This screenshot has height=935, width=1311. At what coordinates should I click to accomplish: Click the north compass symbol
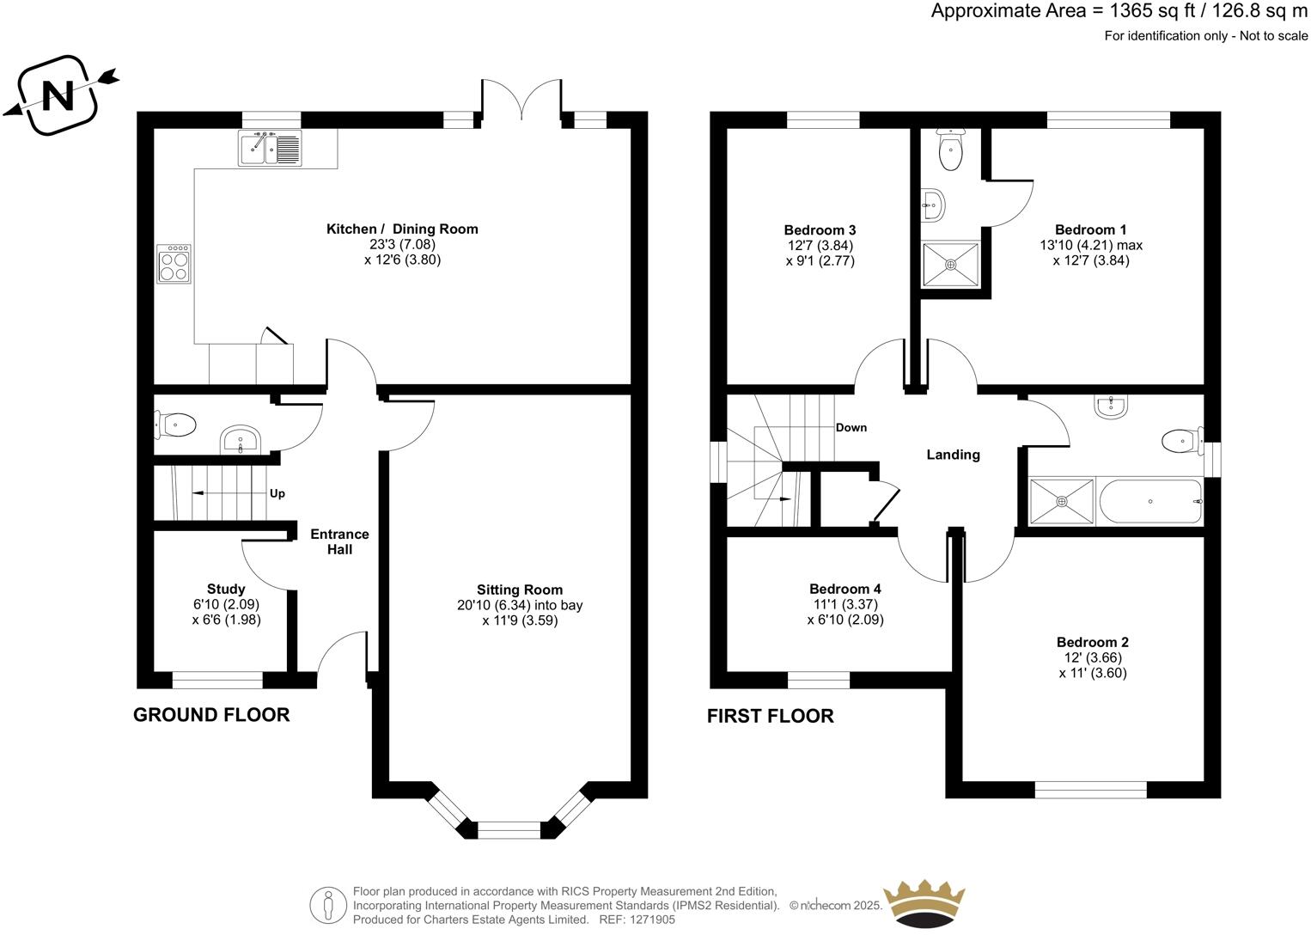pyautogui.click(x=58, y=95)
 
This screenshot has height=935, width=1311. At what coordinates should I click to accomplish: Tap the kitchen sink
pyautogui.click(x=270, y=149)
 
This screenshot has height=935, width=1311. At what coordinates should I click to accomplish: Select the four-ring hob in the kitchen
pyautogui.click(x=174, y=263)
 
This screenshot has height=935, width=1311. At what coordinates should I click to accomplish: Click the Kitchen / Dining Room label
pyautogui.click(x=402, y=229)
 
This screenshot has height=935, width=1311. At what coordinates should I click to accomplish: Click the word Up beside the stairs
pyautogui.click(x=277, y=493)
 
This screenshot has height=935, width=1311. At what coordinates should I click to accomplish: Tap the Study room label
pyautogui.click(x=226, y=589)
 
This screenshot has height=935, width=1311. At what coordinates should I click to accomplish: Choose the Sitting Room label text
pyautogui.click(x=520, y=590)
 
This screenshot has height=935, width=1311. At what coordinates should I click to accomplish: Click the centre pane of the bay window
pyautogui.click(x=509, y=829)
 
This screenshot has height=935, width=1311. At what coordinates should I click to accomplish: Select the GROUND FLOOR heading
pyautogui.click(x=211, y=715)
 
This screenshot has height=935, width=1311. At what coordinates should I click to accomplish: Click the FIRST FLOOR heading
pyautogui.click(x=770, y=716)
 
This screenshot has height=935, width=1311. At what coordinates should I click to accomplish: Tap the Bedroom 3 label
pyautogui.click(x=820, y=229)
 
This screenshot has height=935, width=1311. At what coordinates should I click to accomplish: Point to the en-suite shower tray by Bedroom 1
pyautogui.click(x=950, y=266)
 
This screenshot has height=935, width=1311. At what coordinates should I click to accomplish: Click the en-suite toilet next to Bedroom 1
pyautogui.click(x=950, y=151)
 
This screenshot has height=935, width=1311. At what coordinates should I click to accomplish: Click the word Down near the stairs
pyautogui.click(x=851, y=427)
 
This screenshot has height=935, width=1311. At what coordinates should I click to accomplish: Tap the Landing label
pyautogui.click(x=953, y=455)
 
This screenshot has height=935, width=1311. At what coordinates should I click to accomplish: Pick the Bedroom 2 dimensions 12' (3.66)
pyautogui.click(x=1092, y=657)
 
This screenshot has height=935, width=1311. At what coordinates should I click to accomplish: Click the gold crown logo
pyautogui.click(x=924, y=903)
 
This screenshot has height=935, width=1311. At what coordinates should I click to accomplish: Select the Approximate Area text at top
pyautogui.click(x=1119, y=12)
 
